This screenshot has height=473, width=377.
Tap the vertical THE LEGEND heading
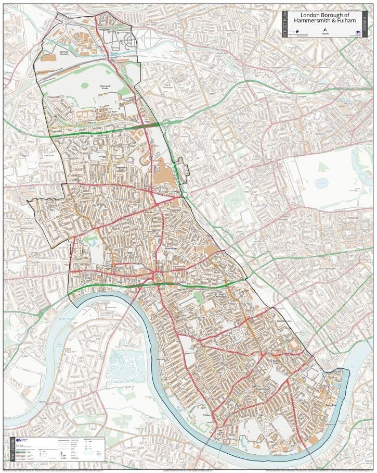click(x=8, y=450)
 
